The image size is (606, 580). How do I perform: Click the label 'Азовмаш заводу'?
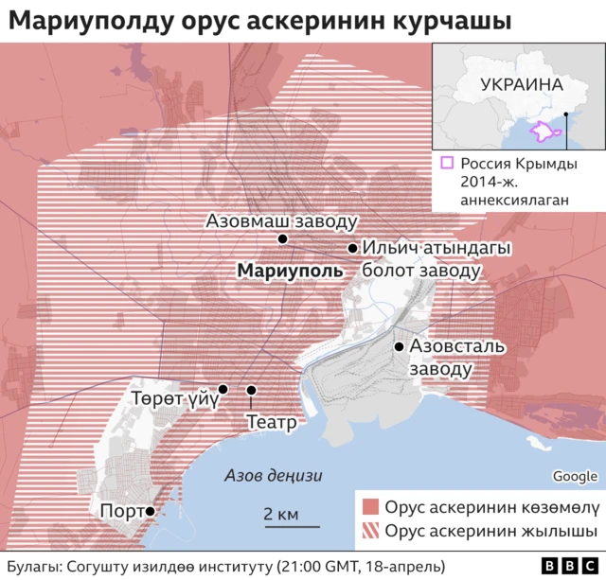[x=281, y=221]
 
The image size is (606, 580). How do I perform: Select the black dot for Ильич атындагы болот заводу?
[x=352, y=249]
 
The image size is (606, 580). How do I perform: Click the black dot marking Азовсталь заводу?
[x=399, y=346]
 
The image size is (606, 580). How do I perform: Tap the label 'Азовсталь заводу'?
[x=451, y=357]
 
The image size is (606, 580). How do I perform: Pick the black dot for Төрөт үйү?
[x=223, y=389]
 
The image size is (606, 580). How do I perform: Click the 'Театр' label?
[x=272, y=422]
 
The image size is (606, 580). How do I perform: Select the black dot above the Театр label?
[x=252, y=390]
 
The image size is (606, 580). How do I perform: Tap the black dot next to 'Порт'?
[x=150, y=511]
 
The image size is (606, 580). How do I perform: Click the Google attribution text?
[x=575, y=476]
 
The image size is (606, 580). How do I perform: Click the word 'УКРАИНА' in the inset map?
[x=521, y=83]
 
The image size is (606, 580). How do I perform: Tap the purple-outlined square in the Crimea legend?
[x=447, y=163]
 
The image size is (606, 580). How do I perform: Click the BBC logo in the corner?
[x=561, y=566]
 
